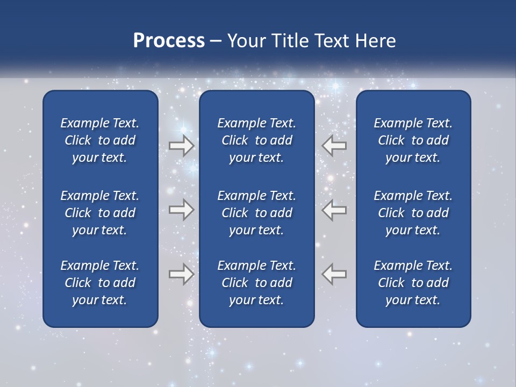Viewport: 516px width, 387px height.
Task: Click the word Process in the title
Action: point(169,41)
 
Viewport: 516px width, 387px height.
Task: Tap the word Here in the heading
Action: point(375,41)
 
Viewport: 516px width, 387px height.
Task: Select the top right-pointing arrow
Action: point(181,146)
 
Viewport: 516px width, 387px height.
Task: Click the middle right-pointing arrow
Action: point(181,210)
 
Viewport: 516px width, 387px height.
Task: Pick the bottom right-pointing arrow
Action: point(181,274)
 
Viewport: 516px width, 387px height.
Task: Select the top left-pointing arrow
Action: point(334,146)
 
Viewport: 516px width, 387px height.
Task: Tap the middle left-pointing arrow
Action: point(334,210)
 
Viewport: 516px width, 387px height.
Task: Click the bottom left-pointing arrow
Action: point(334,274)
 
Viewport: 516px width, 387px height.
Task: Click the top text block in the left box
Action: point(100,140)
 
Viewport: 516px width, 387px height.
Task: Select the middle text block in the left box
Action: point(100,213)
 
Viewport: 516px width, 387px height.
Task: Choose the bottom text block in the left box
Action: point(100,283)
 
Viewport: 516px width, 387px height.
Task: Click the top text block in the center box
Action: point(256,140)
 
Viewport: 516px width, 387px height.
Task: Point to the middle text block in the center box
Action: point(256,213)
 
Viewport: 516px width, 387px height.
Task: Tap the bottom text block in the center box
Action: point(256,283)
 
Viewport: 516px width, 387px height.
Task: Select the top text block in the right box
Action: point(413,140)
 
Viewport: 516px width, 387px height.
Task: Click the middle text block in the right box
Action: point(413,213)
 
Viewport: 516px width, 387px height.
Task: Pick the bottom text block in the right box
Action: point(413,283)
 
